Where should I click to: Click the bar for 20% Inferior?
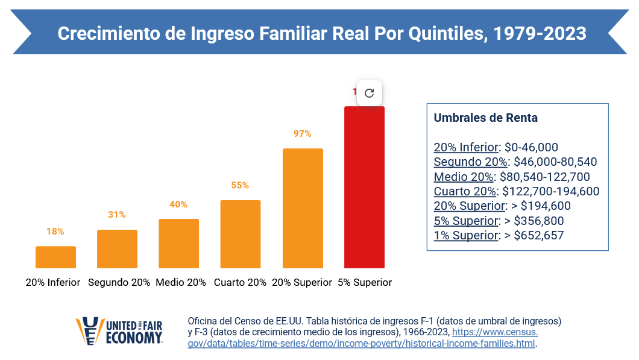(x=55, y=257)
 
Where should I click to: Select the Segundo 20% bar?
(x=117, y=248)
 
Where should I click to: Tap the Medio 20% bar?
(x=178, y=243)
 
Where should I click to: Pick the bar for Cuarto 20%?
(x=240, y=234)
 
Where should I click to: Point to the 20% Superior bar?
(x=303, y=208)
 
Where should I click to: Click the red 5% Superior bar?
(x=364, y=187)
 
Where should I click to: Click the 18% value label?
(x=55, y=232)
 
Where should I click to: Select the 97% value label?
(x=302, y=134)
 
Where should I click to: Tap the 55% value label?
(x=240, y=185)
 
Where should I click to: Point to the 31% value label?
(x=117, y=215)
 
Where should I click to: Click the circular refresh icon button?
(x=370, y=93)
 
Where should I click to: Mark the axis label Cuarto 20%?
(x=240, y=282)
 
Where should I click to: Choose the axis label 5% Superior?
(x=365, y=282)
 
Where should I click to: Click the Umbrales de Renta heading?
(x=486, y=118)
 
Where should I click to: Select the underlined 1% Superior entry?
(x=466, y=235)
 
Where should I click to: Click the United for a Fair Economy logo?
(x=119, y=331)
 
